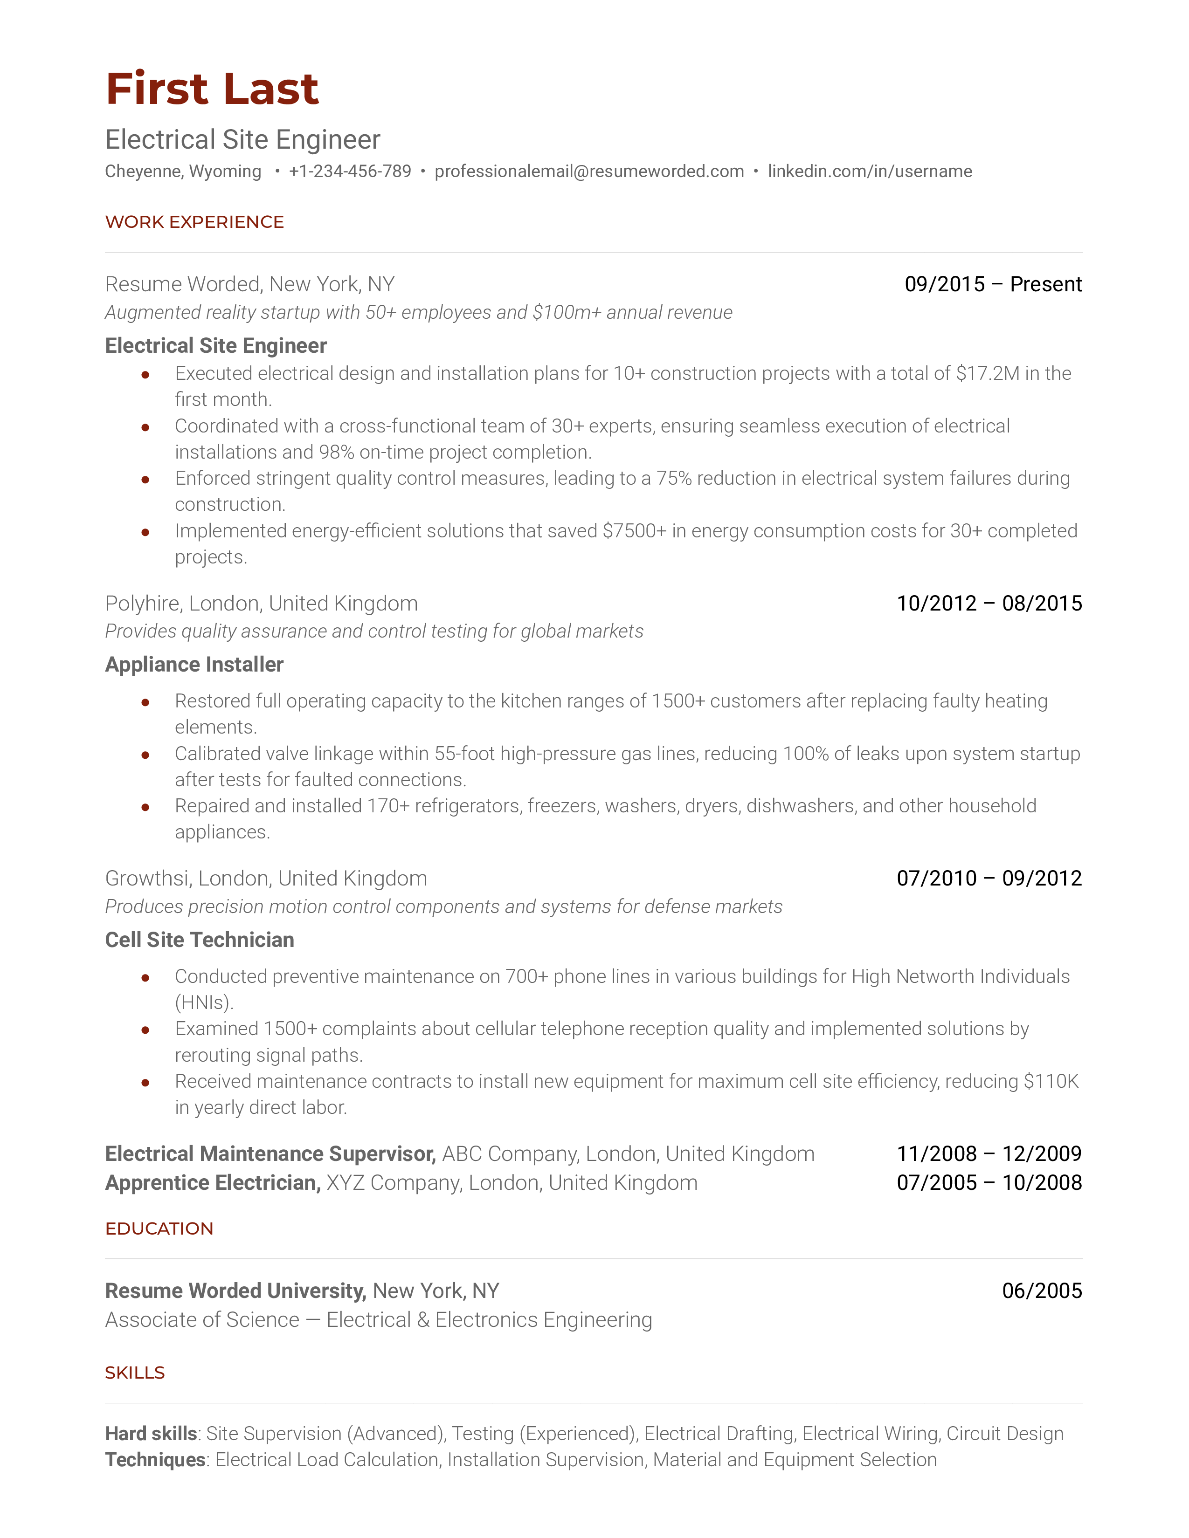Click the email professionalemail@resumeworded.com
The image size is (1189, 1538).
pos(589,171)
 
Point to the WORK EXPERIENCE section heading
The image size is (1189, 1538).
pos(194,222)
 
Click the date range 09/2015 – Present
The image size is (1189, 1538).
pos(993,284)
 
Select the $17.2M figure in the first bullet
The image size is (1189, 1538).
pos(987,373)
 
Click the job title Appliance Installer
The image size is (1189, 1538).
pos(194,664)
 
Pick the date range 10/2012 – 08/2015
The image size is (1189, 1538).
pos(989,604)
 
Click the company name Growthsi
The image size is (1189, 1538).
pos(148,878)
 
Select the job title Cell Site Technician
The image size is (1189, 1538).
pos(200,940)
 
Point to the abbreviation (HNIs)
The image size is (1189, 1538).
pos(204,1002)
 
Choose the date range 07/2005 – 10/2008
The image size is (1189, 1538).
pos(989,1182)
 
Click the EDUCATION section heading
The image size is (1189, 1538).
pos(159,1228)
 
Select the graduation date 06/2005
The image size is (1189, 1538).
pos(1042,1290)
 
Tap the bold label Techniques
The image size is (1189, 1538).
pos(155,1460)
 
